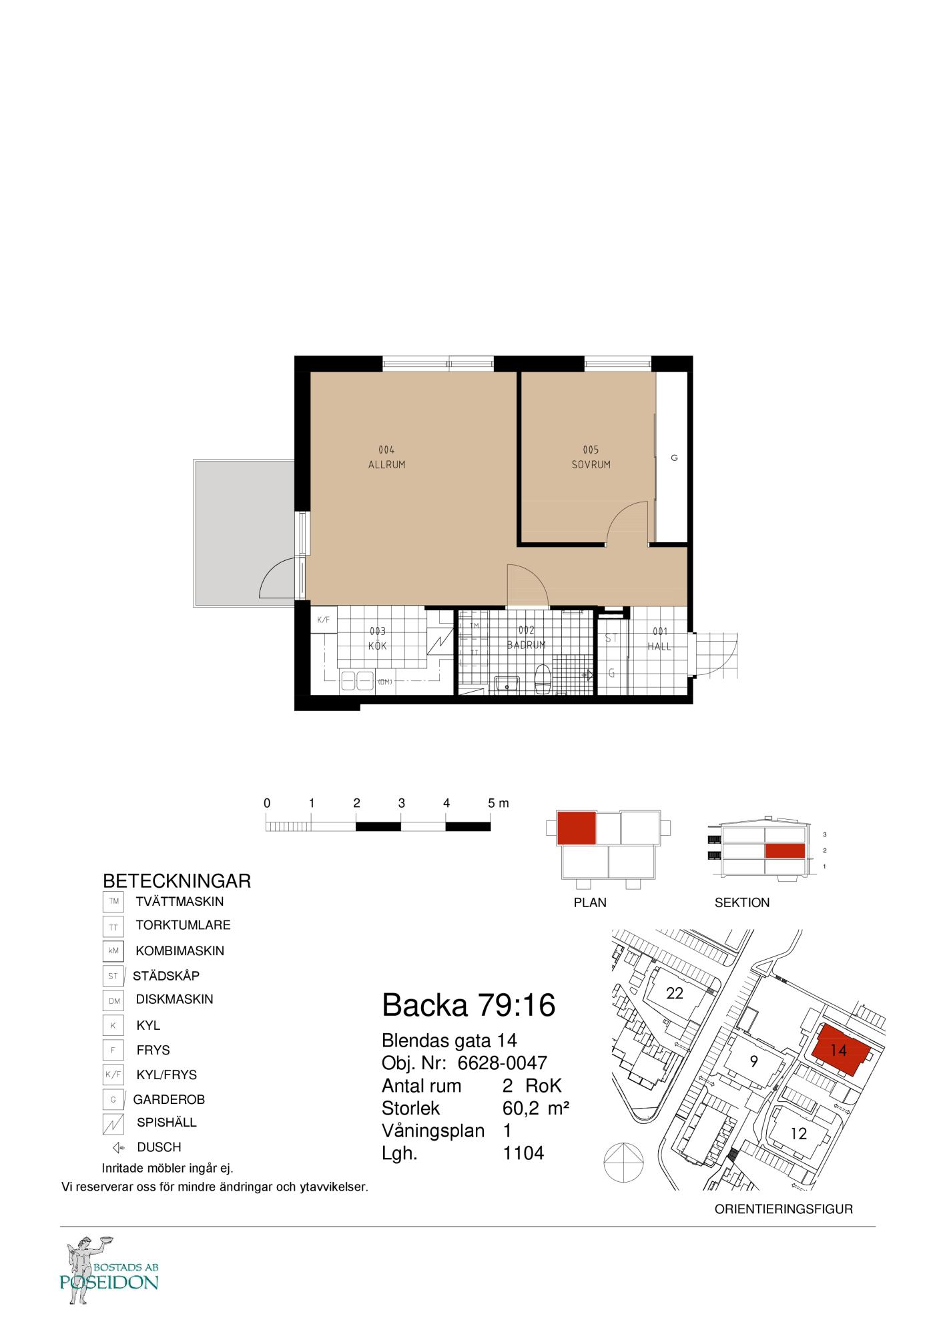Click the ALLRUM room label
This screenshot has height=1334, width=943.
(x=386, y=464)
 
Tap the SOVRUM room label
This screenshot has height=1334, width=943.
(x=591, y=464)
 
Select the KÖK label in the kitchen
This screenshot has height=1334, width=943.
(x=378, y=646)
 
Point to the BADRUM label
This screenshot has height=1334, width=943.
(x=526, y=645)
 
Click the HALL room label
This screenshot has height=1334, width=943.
(x=659, y=646)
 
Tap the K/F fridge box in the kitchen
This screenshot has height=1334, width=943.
(x=324, y=620)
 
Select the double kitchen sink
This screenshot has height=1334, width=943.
(x=357, y=681)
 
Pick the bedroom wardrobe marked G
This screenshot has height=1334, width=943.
(x=673, y=458)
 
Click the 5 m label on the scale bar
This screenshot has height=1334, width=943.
(x=498, y=803)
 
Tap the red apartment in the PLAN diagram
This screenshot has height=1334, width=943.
(x=575, y=828)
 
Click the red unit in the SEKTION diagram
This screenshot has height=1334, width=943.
(x=784, y=851)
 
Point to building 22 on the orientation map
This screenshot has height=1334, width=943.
(x=675, y=993)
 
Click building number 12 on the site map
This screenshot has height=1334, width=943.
(x=798, y=1133)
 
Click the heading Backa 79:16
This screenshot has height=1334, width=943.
(x=468, y=1005)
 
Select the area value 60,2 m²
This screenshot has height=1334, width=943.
(x=535, y=1108)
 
